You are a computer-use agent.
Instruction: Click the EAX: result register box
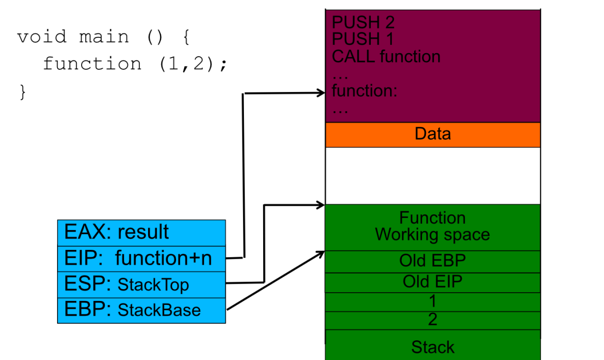(142, 233)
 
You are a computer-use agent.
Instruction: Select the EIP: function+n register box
(142, 259)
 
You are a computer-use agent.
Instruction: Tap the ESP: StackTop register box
(142, 285)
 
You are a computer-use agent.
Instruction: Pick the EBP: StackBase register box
(142, 310)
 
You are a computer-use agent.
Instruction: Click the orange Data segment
(433, 135)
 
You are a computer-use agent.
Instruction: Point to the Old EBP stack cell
(433, 262)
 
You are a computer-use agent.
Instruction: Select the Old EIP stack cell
(433, 283)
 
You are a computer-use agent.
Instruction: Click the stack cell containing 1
(433, 302)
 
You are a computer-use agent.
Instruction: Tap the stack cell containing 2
(433, 321)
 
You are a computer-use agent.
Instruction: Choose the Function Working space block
(433, 228)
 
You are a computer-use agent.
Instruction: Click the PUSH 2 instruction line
(363, 22)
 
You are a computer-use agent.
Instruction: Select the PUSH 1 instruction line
(362, 39)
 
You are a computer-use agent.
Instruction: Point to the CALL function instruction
(386, 57)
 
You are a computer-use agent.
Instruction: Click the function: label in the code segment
(364, 90)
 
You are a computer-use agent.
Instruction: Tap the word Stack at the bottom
(433, 347)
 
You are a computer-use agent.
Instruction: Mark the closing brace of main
(23, 92)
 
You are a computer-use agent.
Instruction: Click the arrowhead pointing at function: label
(321, 93)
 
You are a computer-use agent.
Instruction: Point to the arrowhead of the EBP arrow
(320, 253)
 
